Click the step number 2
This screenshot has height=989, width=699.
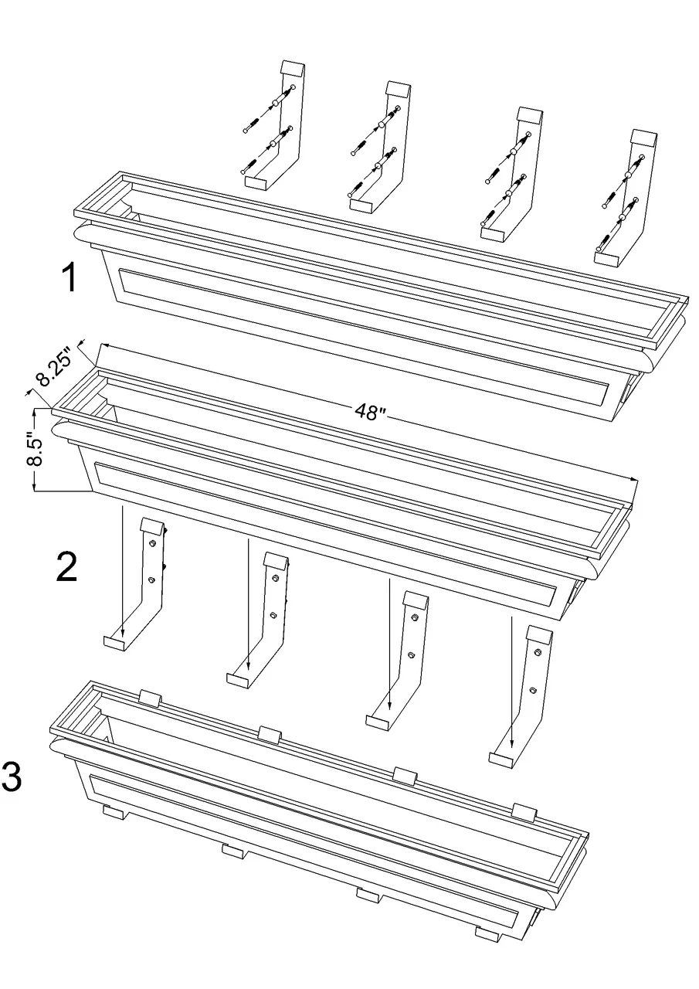coord(67,569)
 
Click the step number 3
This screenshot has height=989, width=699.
coord(12,777)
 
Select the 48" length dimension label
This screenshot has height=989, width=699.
coord(370,412)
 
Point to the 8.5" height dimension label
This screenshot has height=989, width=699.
coord(34,450)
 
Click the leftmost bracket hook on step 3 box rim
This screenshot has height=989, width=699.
coord(149,698)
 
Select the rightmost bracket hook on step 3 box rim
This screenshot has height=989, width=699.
coord(524,811)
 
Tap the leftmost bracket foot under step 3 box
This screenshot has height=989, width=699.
coord(114,812)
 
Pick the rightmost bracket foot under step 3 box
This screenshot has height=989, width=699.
coord(486,934)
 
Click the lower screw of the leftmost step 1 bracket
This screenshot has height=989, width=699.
coord(249,165)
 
